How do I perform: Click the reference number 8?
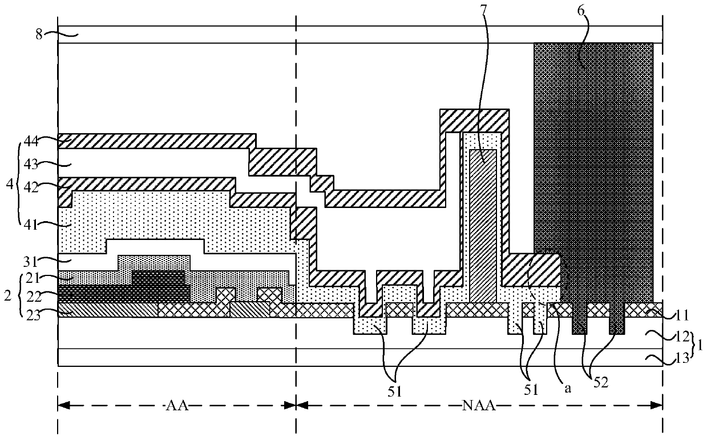coord(39,34)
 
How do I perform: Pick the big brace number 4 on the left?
coord(9,186)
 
